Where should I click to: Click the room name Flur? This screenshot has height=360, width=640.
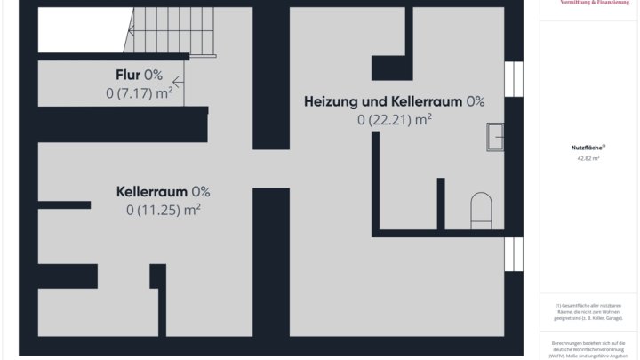click(127, 75)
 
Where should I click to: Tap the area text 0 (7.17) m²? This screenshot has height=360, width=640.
click(140, 92)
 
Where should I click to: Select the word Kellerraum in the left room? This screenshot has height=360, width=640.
click(151, 191)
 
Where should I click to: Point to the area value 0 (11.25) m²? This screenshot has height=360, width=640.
click(164, 210)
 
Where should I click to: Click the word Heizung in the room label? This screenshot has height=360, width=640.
click(332, 101)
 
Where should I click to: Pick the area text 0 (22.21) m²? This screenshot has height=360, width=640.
click(395, 119)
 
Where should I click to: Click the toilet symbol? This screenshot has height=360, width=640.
click(481, 208)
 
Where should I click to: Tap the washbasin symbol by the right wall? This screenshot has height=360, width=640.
click(494, 136)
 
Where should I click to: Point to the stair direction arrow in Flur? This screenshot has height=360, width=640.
click(179, 84)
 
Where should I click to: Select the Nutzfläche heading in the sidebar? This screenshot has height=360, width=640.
click(588, 148)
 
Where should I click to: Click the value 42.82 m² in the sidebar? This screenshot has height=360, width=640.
click(588, 158)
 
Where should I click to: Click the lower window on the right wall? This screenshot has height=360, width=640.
click(513, 252)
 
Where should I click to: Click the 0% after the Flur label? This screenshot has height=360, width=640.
click(154, 75)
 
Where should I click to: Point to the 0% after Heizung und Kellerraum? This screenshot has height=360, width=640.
click(475, 101)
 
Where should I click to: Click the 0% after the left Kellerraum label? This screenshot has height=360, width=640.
click(201, 191)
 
